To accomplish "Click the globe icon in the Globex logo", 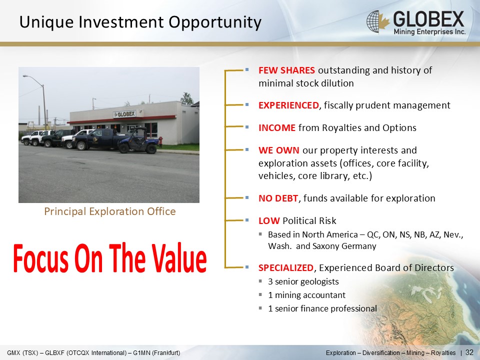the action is (x=374, y=21).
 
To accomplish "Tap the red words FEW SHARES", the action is (x=286, y=70).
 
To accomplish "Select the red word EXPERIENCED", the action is (x=288, y=105).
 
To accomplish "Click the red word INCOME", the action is (x=277, y=127).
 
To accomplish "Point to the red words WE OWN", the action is (x=279, y=150).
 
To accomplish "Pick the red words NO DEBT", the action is (x=278, y=198).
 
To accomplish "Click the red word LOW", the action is (x=269, y=220).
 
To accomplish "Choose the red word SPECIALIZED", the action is (x=286, y=268).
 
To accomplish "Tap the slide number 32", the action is (x=469, y=352).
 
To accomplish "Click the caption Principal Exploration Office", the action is (x=110, y=211).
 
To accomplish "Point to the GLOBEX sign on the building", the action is (x=124, y=114).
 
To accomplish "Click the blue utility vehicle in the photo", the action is (x=138, y=141).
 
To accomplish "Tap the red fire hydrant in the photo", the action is (x=160, y=141).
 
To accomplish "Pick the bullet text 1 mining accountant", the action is (x=306, y=295).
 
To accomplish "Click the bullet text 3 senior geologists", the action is (x=303, y=281).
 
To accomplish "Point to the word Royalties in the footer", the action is (x=443, y=352).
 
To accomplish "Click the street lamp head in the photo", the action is (x=25, y=76).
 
